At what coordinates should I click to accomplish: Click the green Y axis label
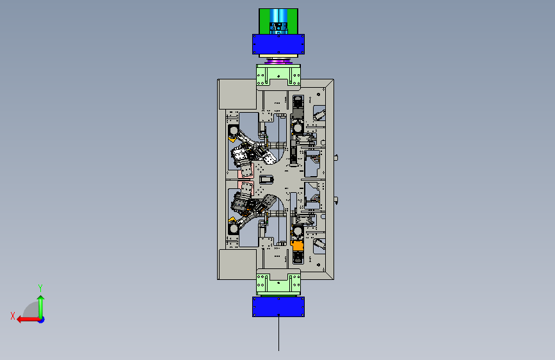(40, 288)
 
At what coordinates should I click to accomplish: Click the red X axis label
(13, 316)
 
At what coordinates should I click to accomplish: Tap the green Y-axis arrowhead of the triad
(41, 299)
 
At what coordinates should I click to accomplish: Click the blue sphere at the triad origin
(41, 320)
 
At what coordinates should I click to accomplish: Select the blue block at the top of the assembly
(278, 44)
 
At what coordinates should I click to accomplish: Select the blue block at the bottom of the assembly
(278, 307)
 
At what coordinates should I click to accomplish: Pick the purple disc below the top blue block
(278, 61)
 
